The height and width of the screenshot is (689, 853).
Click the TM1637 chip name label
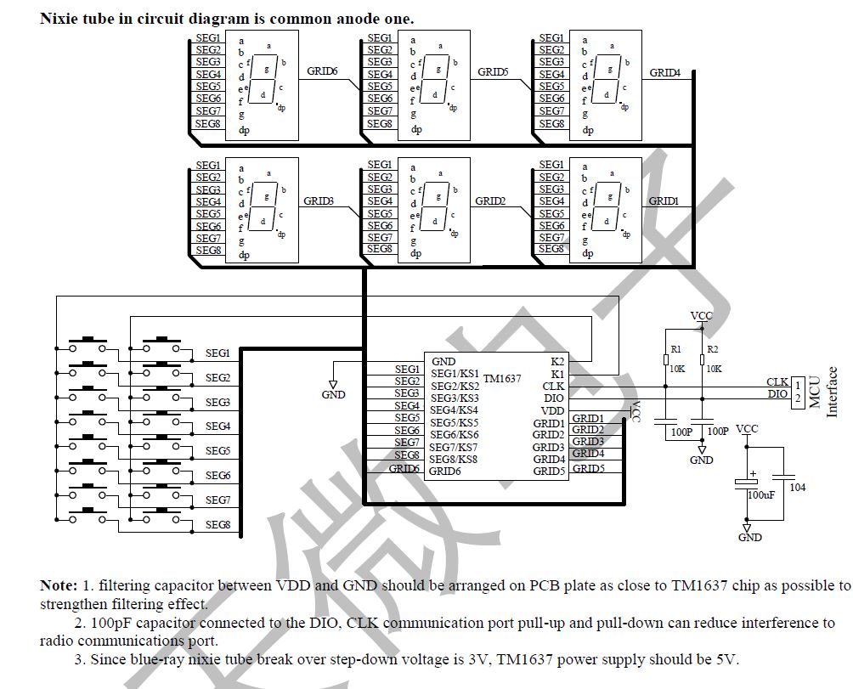[502, 379]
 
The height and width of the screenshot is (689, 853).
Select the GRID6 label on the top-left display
[322, 71]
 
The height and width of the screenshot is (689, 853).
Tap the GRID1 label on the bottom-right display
[664, 201]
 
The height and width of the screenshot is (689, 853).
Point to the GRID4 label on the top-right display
[665, 73]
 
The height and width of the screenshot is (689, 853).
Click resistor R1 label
[675, 349]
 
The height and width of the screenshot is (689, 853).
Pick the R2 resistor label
[712, 349]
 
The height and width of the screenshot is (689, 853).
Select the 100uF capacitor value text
[760, 494]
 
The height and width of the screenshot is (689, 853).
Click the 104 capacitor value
[797, 487]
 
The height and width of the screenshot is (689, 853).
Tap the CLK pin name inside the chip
[553, 387]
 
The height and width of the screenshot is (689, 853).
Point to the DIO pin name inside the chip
[553, 398]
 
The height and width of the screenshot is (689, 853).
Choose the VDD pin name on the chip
[552, 411]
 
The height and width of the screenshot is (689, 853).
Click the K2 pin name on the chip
[557, 362]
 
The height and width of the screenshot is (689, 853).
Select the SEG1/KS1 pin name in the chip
[455, 374]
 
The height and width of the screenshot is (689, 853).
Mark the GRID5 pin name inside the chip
[549, 472]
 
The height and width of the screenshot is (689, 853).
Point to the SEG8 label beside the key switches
[217, 525]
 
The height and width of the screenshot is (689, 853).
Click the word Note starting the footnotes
[57, 585]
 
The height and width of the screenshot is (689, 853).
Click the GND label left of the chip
[334, 395]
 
